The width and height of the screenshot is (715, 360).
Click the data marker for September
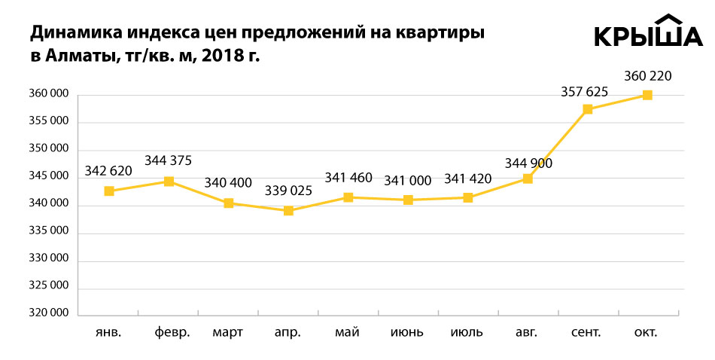[588, 109]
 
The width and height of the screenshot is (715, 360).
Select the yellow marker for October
[647, 95]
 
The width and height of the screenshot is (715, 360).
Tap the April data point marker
[288, 211]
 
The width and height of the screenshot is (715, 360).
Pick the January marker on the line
[109, 191]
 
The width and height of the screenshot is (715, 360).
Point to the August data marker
[528, 178]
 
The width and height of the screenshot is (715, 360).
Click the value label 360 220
[648, 75]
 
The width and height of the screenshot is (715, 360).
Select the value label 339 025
[288, 191]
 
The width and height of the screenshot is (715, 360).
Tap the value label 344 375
[169, 160]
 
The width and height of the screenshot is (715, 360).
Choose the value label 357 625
[585, 92]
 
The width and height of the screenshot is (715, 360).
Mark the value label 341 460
[348, 178]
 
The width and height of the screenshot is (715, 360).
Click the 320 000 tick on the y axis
[48, 313]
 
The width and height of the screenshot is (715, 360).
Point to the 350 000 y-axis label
[48, 149]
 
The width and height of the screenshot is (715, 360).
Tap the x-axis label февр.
[172, 332]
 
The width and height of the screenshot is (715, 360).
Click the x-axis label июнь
[408, 332]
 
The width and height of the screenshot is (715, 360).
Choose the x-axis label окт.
[646, 332]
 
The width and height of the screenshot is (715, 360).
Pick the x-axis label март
[228, 332]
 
